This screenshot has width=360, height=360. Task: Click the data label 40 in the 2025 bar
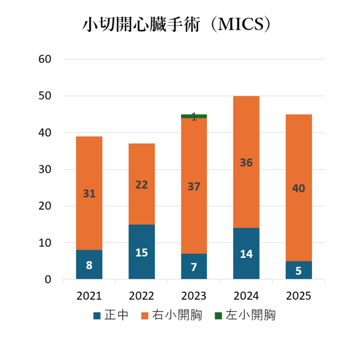(x=298, y=188)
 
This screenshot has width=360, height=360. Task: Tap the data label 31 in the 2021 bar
(x=89, y=193)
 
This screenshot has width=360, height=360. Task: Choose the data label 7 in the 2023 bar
(x=194, y=267)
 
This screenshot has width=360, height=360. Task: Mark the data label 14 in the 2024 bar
(x=246, y=254)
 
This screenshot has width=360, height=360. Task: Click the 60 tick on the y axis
(x=46, y=59)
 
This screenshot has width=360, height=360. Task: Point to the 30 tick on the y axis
(x=46, y=169)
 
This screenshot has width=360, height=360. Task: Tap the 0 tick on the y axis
(x=48, y=280)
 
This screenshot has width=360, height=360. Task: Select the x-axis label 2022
(x=141, y=296)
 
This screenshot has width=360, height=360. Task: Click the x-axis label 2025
(x=298, y=296)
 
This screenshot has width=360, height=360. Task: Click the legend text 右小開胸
(x=177, y=315)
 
